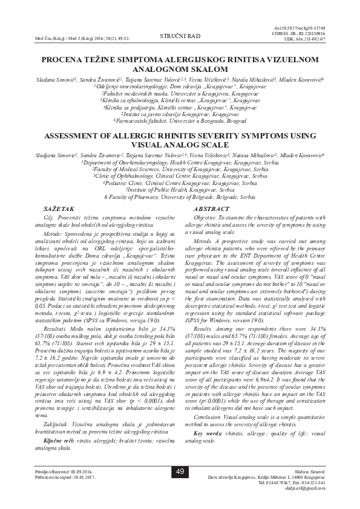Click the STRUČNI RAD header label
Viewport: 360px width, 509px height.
[180, 37]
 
